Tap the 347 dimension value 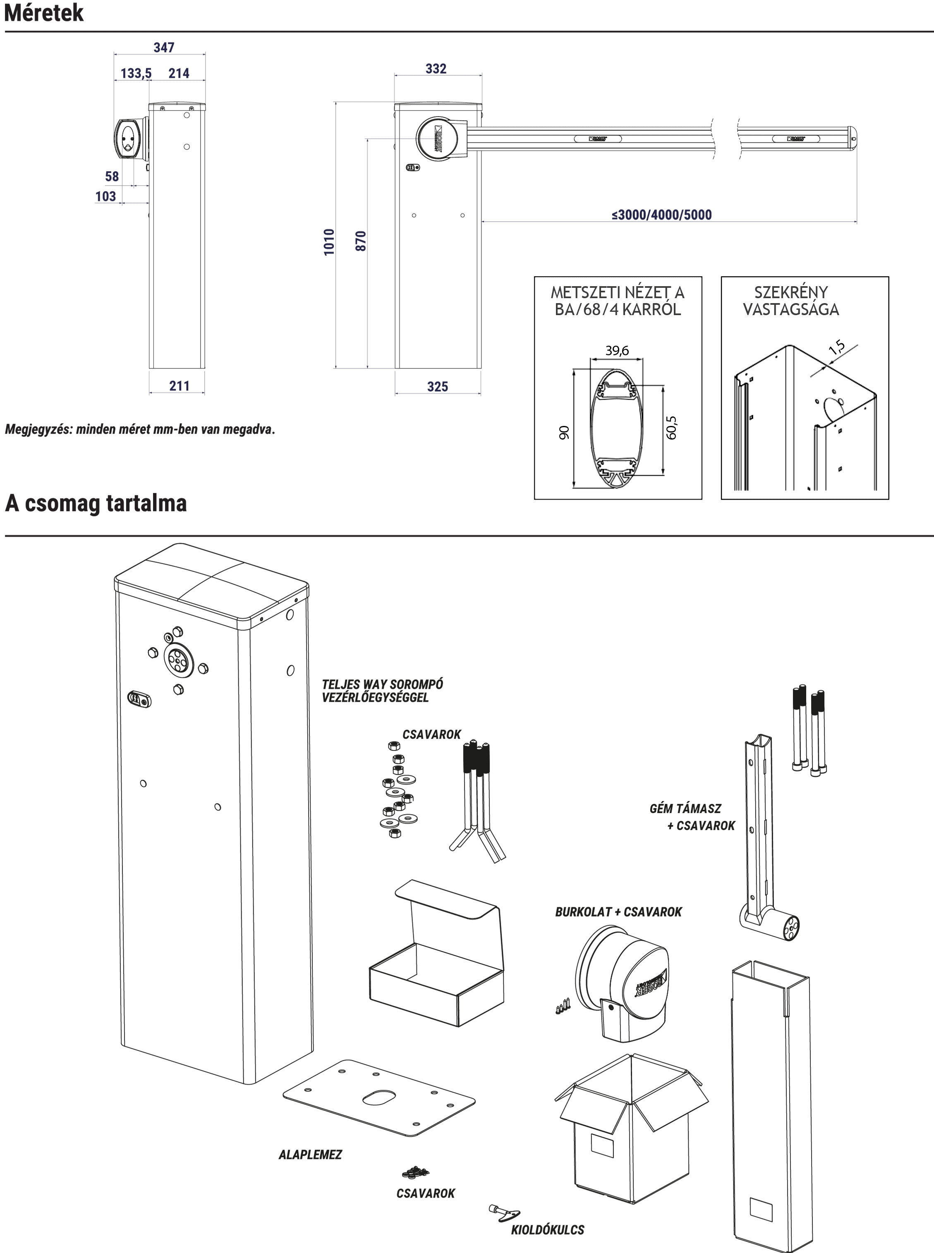click(x=164, y=48)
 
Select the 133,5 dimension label click(x=136, y=73)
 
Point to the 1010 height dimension click(x=329, y=242)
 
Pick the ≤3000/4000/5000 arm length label click(x=661, y=215)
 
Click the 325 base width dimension click(x=438, y=387)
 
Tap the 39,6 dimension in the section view click(x=617, y=350)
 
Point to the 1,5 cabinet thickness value click(x=837, y=347)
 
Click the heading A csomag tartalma click(x=96, y=502)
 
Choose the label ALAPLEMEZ click(x=310, y=1155)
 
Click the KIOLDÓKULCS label click(x=547, y=1230)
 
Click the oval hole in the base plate click(x=380, y=1098)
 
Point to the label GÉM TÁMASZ click(x=685, y=808)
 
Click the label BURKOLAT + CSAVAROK click(x=618, y=912)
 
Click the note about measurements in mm click(x=140, y=429)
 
